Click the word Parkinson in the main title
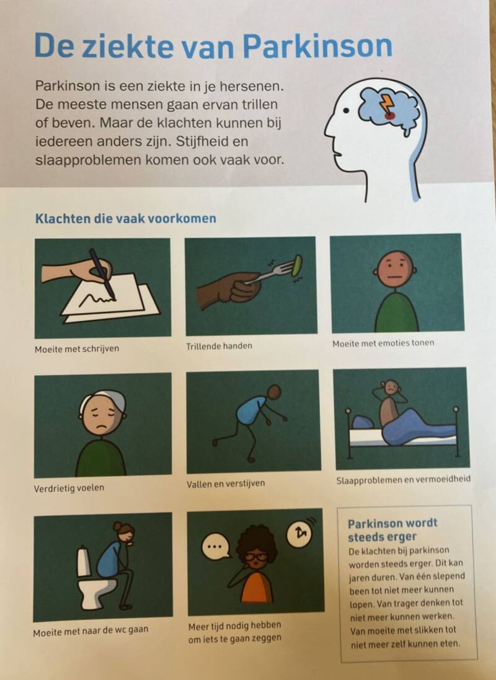tap(317, 45)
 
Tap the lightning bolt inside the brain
tap(387, 104)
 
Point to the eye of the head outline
tap(346, 110)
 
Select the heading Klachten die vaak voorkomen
tap(125, 218)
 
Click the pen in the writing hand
tap(102, 273)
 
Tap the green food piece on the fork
tap(297, 265)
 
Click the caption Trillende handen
tap(219, 346)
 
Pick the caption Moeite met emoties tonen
tap(383, 343)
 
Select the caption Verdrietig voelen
tap(69, 488)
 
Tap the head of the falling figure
tap(274, 392)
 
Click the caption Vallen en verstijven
tap(226, 484)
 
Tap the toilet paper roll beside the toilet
tap(84, 562)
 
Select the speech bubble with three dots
tap(216, 547)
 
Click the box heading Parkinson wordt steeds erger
tap(392, 529)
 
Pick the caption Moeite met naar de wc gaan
tap(91, 631)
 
